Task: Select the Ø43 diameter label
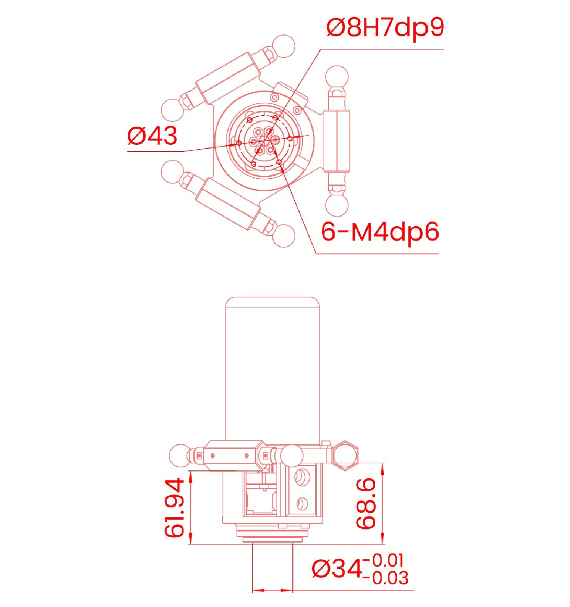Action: [152, 136]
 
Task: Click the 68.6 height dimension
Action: [366, 503]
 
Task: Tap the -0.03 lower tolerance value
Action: [386, 578]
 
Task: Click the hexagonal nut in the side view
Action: [345, 455]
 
